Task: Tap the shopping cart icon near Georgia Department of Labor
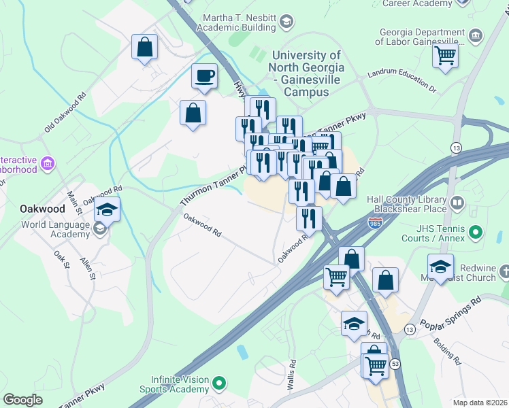(x=445, y=54)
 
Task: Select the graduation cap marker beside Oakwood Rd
(x=107, y=210)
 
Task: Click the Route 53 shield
(x=395, y=364)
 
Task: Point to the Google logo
(x=22, y=400)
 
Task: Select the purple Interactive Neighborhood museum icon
(x=48, y=163)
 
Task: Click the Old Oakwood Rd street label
(x=66, y=112)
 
